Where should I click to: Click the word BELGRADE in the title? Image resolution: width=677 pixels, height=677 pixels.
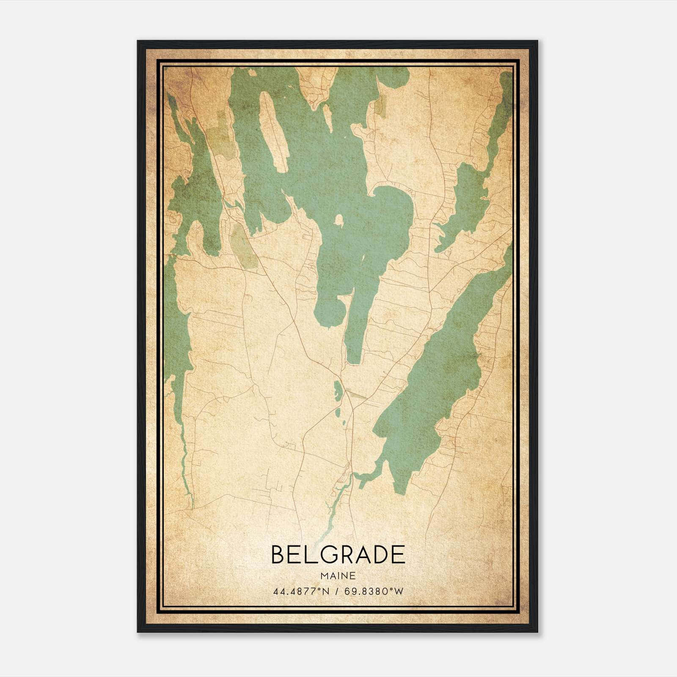coord(338,555)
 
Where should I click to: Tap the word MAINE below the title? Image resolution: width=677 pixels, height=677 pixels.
coord(338,576)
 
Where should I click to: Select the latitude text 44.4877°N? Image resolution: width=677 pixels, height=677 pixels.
coord(301,592)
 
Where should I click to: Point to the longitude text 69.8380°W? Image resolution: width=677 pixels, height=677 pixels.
coord(374,592)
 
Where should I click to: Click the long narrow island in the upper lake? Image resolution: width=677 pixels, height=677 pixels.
coord(273,131)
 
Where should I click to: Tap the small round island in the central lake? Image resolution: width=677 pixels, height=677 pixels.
coord(338,219)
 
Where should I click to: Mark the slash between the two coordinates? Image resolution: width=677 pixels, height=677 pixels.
coord(337,592)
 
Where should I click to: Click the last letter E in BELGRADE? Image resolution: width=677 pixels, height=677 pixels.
coord(398,555)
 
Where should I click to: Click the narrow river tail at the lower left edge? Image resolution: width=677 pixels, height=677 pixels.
coord(186,478)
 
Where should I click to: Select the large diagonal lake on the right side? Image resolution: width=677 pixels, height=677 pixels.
coord(440,381)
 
